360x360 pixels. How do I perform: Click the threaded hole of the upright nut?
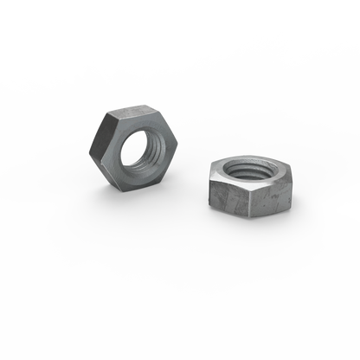[x=139, y=149]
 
